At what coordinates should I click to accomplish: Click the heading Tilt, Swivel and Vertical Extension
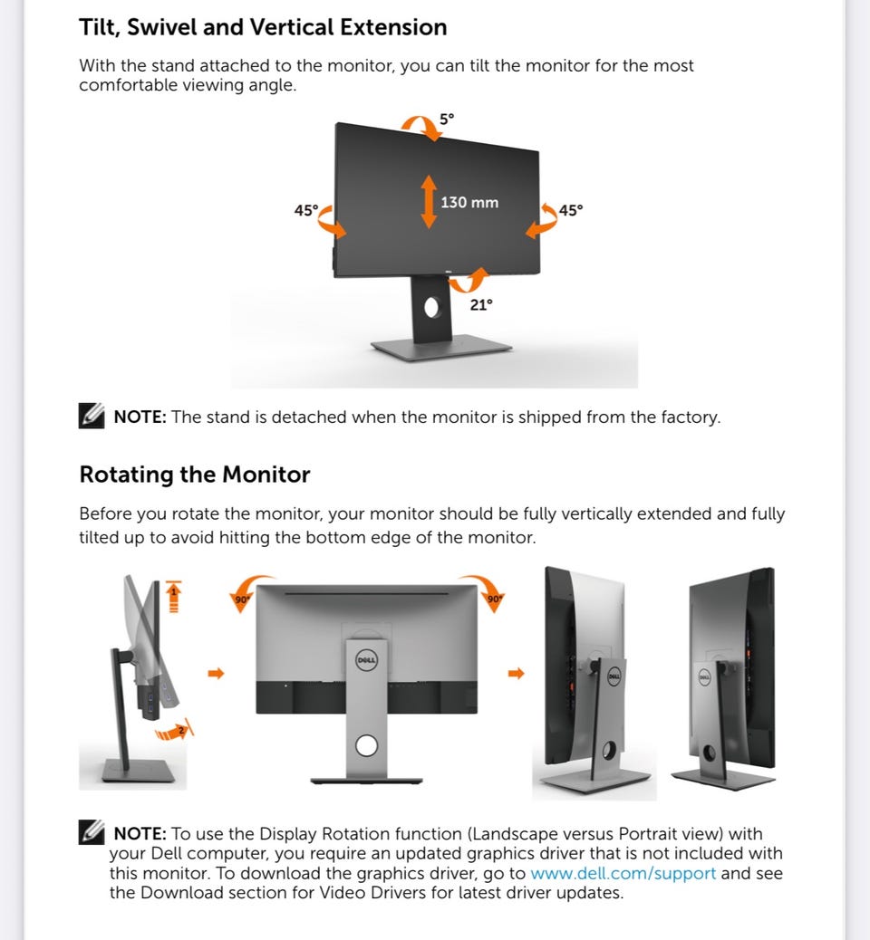point(263,27)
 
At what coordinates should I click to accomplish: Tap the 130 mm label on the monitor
point(469,203)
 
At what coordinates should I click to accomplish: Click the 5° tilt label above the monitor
point(447,119)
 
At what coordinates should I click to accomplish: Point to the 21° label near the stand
point(481,305)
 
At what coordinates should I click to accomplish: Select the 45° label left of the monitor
point(306,210)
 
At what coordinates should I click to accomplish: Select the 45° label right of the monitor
point(571,210)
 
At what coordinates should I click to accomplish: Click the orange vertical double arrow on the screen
point(429,201)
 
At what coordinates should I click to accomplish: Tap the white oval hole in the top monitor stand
point(431,308)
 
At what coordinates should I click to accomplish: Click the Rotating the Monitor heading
point(195,475)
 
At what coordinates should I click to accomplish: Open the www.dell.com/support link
point(623,873)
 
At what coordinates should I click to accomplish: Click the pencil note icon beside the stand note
point(92,416)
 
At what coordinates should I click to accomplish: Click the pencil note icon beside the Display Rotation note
point(92,832)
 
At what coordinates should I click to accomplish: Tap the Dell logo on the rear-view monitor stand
point(366,661)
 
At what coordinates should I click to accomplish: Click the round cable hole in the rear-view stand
point(367,746)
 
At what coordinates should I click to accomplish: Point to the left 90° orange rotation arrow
point(248,591)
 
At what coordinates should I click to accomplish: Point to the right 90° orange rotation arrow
point(484,591)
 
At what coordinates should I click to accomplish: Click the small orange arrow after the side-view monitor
point(216,673)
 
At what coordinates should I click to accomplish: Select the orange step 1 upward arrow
point(173,597)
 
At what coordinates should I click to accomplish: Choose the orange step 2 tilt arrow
point(174,730)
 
